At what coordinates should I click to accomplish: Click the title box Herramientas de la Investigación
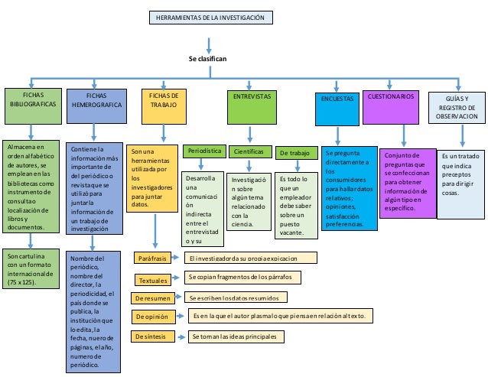coord(209,18)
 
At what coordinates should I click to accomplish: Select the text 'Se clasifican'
coord(207,58)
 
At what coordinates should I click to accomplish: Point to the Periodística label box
coord(203,152)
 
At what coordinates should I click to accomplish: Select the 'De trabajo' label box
coord(294,153)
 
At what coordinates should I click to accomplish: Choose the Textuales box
coord(155,279)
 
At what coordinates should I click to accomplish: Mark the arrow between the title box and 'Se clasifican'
coord(209,40)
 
